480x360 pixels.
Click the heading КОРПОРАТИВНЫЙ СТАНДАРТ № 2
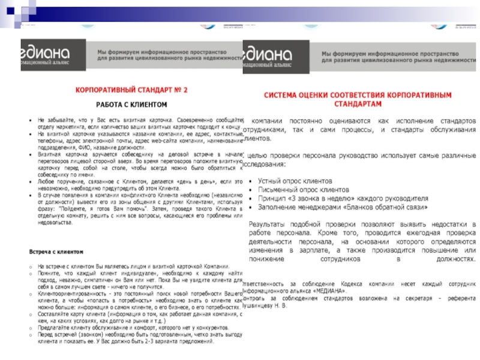pyautogui.click(x=130, y=90)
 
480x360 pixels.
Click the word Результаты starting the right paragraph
pyautogui.click(x=269, y=223)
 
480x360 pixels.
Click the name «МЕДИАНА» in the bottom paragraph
pyautogui.click(x=332, y=289)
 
